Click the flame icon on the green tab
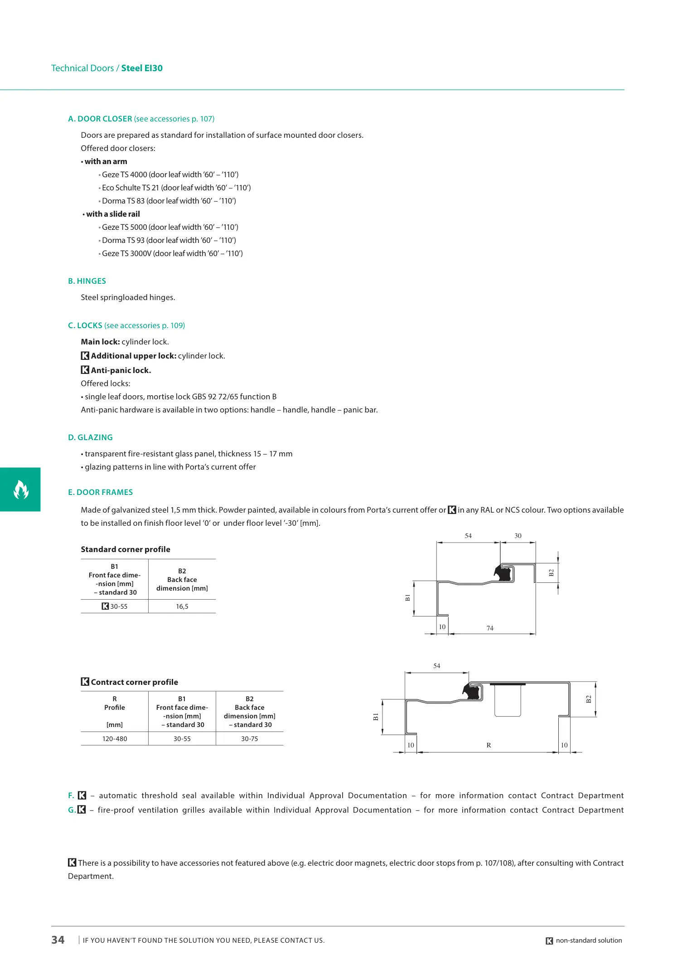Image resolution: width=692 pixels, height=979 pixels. (21, 489)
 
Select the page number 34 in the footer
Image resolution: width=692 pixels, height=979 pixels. (58, 940)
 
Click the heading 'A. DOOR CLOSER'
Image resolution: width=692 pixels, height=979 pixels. (100, 119)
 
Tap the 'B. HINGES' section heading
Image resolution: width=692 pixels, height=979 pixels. (87, 281)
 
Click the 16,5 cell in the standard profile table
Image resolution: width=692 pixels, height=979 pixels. (182, 606)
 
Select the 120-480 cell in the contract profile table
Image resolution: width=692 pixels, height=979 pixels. (115, 739)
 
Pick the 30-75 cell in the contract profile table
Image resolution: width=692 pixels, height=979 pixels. (250, 739)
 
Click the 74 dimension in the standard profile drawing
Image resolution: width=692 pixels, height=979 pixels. (490, 628)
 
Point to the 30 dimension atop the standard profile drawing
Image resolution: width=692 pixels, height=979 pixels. (518, 536)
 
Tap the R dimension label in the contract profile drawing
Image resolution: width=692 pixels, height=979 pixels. (489, 745)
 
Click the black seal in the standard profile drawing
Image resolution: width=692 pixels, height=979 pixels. (503, 573)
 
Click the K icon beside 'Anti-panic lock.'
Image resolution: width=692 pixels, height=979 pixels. (85, 370)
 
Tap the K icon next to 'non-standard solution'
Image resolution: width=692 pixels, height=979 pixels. (549, 941)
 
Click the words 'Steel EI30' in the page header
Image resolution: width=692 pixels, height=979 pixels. (142, 68)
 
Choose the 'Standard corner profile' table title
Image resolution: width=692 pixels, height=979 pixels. (126, 549)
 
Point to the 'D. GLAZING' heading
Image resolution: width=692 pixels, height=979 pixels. (90, 437)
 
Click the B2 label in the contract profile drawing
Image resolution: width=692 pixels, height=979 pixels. (589, 699)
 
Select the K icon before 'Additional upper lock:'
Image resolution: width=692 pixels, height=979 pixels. (85, 356)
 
